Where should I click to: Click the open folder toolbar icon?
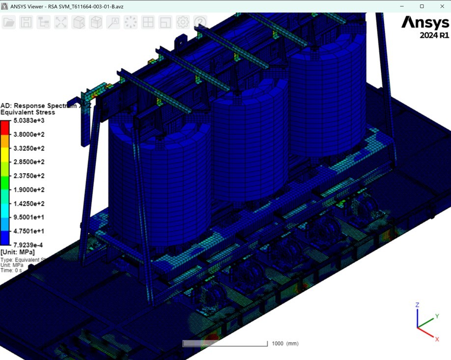[9, 22]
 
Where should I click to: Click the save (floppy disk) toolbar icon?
[26, 22]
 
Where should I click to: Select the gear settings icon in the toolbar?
[183, 22]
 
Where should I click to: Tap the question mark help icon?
[200, 22]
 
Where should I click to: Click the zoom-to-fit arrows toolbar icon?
[61, 22]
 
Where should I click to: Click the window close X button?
[442, 6]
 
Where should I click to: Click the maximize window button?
[422, 6]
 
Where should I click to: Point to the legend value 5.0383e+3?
[29, 120]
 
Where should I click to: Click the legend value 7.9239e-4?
[29, 245]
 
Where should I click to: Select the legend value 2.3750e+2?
[29, 176]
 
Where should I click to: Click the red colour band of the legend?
[5, 127]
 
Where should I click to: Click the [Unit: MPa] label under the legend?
[18, 252]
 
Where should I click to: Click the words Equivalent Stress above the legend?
[28, 112]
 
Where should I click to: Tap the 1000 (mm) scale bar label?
[285, 343]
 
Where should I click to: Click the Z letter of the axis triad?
[417, 305]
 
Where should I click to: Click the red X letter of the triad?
[437, 339]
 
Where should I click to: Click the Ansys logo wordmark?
[425, 23]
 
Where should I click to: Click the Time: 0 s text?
[11, 270]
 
